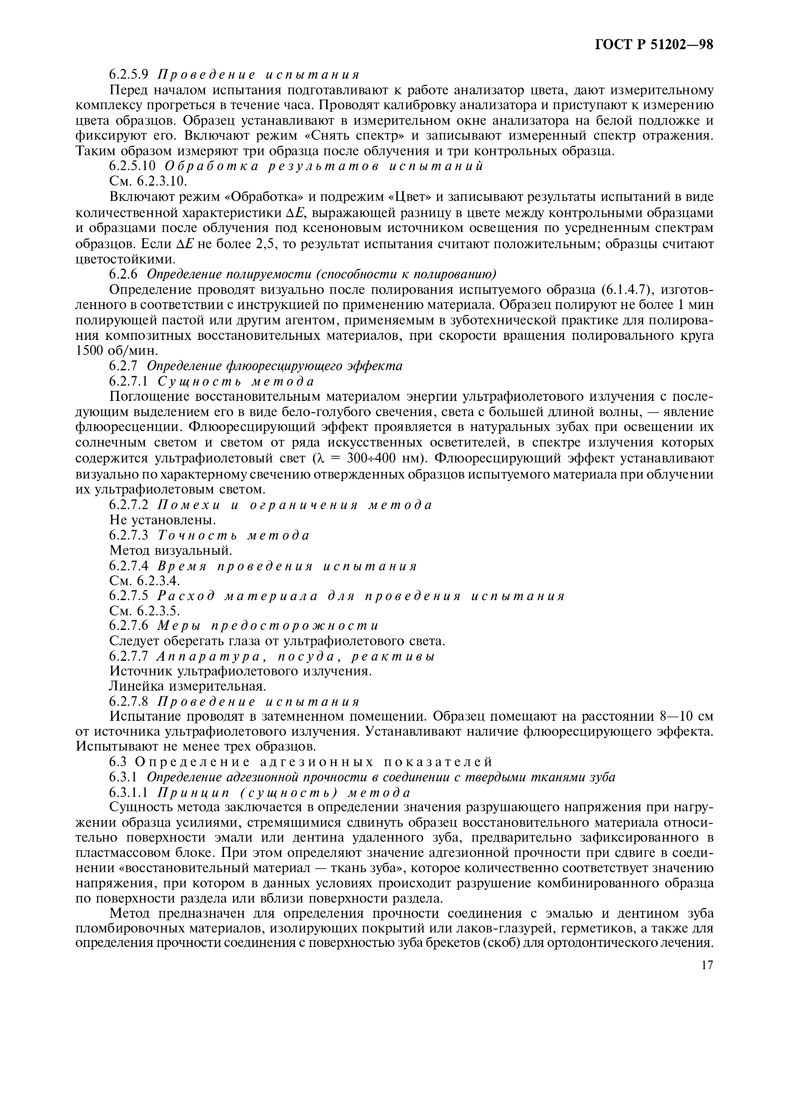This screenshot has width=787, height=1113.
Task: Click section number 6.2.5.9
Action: tap(132, 75)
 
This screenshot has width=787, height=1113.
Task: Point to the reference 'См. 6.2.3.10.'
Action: tap(148, 181)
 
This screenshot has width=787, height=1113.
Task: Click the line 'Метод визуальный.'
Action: tap(171, 550)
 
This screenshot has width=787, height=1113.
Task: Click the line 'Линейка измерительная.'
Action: tap(188, 686)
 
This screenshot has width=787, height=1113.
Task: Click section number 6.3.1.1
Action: tap(132, 792)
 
